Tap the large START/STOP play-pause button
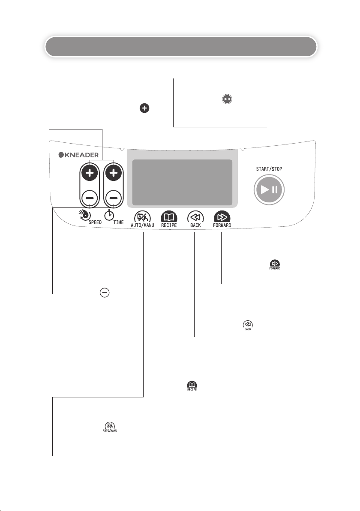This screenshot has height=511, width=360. tap(269, 190)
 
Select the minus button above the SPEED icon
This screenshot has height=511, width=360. tap(90, 198)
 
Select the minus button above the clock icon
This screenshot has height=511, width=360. tap(113, 198)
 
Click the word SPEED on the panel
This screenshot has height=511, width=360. tap(96, 223)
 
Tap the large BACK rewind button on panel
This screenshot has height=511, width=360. tap(195, 216)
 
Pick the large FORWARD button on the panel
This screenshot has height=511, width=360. tap(222, 216)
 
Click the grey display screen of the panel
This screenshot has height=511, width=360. tap(182, 183)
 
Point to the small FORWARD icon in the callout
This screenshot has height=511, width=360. tap(275, 264)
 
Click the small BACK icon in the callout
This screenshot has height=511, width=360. tap(247, 325)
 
